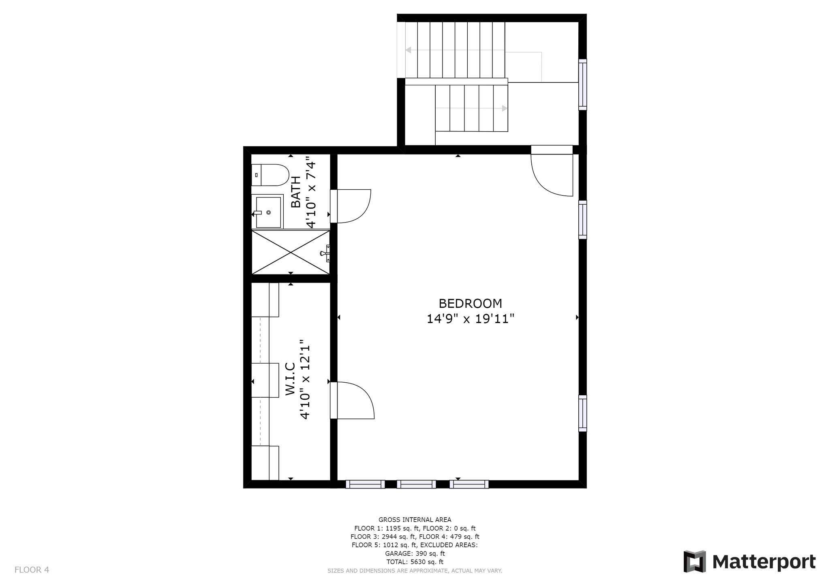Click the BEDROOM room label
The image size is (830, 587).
pos(470,304)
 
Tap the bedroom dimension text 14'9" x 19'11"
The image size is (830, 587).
pos(470,319)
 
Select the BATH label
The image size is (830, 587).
pos(296,192)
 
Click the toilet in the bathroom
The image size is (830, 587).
pos(270,175)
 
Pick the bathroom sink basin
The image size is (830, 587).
pos(267,212)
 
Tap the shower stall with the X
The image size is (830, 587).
pos(291,252)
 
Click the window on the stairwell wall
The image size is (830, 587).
pos(582,85)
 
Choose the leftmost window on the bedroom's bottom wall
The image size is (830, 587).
pos(365,484)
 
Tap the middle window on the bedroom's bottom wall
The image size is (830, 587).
pos(416,484)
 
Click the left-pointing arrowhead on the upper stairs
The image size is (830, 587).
pos(409,50)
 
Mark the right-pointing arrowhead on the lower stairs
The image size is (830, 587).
pos(505,108)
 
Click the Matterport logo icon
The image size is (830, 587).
pos(695,561)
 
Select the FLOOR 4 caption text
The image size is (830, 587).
pos(32,570)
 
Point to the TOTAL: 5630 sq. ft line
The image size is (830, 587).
pos(415,562)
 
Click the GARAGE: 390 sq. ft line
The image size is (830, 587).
pos(415,553)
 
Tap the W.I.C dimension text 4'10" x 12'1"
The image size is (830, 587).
pos(305,379)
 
